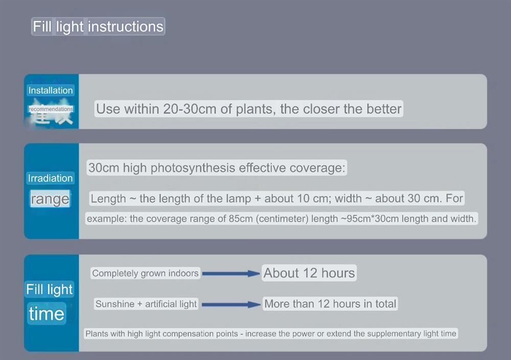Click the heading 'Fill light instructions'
tap(98, 27)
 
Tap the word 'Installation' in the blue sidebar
tap(51, 91)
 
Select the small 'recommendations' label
tap(51, 109)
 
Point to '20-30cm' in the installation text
tap(190, 109)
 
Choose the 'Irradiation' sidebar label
tap(50, 178)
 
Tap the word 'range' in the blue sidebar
tap(50, 199)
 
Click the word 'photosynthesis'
tap(193, 168)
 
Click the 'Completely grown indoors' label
tap(145, 273)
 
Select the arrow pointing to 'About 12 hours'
tap(231, 274)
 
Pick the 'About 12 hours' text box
tap(309, 273)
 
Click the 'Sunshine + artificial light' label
tap(146, 304)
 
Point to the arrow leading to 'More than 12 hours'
tap(231, 305)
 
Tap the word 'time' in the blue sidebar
tap(47, 313)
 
